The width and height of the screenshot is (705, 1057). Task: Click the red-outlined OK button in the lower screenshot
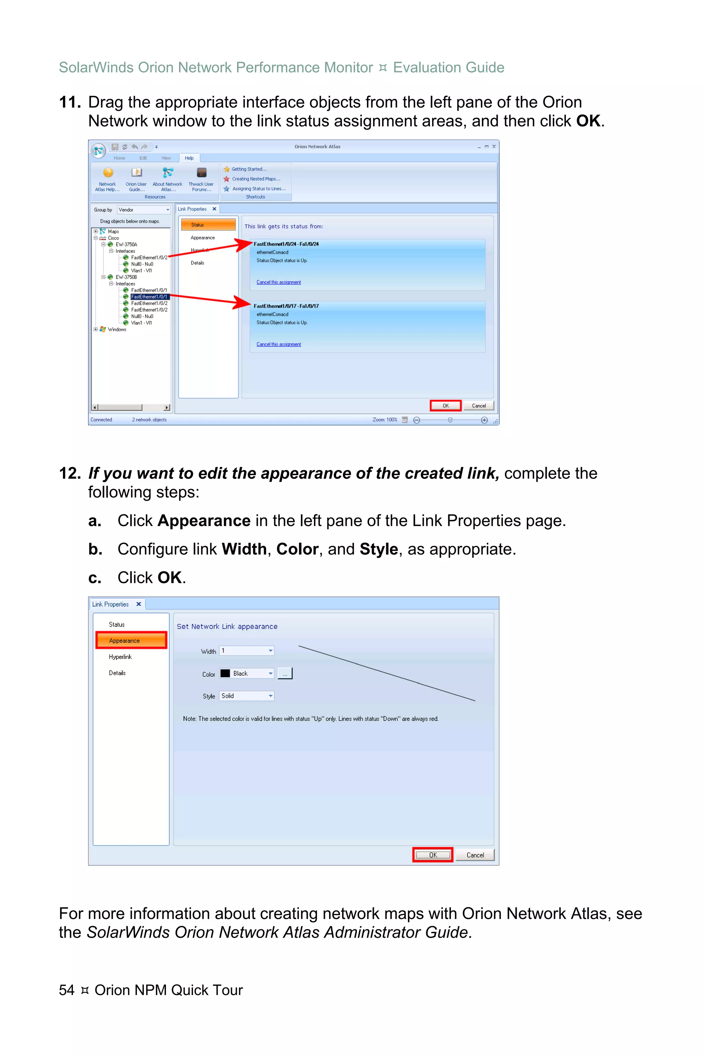pyautogui.click(x=432, y=855)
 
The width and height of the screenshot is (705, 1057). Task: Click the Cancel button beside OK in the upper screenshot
pyautogui.click(x=478, y=406)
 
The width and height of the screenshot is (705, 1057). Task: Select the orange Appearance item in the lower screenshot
pyautogui.click(x=131, y=640)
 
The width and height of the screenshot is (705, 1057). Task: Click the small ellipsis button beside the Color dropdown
pyautogui.click(x=285, y=674)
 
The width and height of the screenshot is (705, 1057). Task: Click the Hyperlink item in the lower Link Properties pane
pyautogui.click(x=120, y=656)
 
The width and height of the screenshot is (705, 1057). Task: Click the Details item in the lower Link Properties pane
pyautogui.click(x=117, y=673)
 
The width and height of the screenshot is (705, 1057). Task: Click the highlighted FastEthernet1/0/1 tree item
pyautogui.click(x=149, y=297)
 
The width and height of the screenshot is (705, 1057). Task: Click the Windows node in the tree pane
pyautogui.click(x=116, y=329)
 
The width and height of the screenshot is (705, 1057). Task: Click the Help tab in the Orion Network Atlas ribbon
pyautogui.click(x=189, y=158)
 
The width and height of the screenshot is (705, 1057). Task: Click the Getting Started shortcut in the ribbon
pyautogui.click(x=249, y=169)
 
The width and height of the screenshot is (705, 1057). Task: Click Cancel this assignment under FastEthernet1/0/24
pyautogui.click(x=278, y=282)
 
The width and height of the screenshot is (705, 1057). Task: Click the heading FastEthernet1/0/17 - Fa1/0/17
pyautogui.click(x=286, y=306)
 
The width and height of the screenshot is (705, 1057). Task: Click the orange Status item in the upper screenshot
pyautogui.click(x=208, y=225)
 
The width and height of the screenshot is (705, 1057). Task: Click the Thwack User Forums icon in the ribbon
pyautogui.click(x=201, y=173)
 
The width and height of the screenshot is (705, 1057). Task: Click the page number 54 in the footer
pyautogui.click(x=66, y=990)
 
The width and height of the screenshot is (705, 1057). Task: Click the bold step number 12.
pyautogui.click(x=69, y=473)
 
